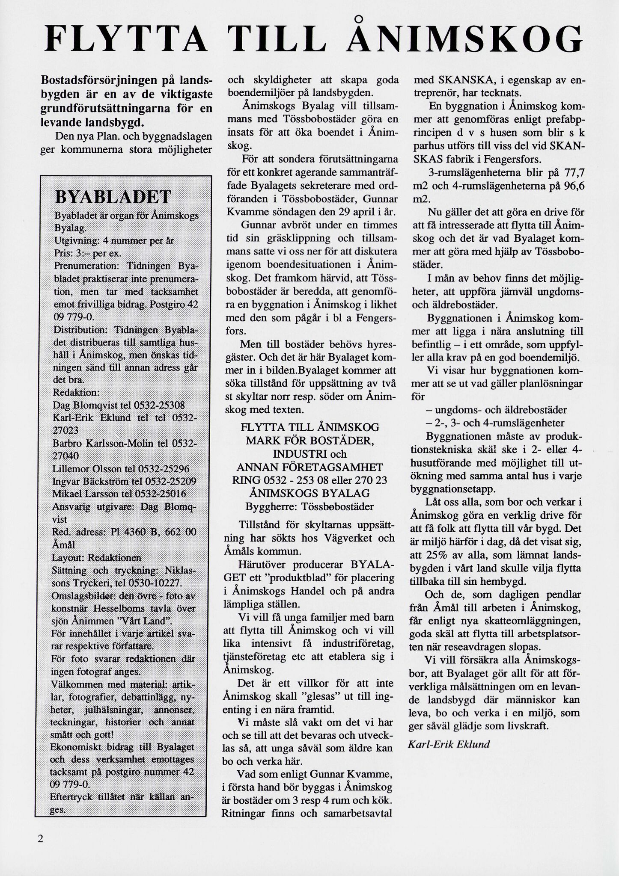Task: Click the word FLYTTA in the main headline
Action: [x=126, y=38]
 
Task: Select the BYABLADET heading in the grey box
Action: [x=113, y=198]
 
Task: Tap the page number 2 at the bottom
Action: [x=41, y=838]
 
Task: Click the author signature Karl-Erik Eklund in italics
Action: [x=449, y=744]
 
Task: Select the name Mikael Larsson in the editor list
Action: [x=86, y=494]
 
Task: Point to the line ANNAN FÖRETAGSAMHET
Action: [x=310, y=466]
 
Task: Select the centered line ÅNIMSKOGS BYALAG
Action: [x=310, y=493]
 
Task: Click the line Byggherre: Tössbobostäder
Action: [x=310, y=506]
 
